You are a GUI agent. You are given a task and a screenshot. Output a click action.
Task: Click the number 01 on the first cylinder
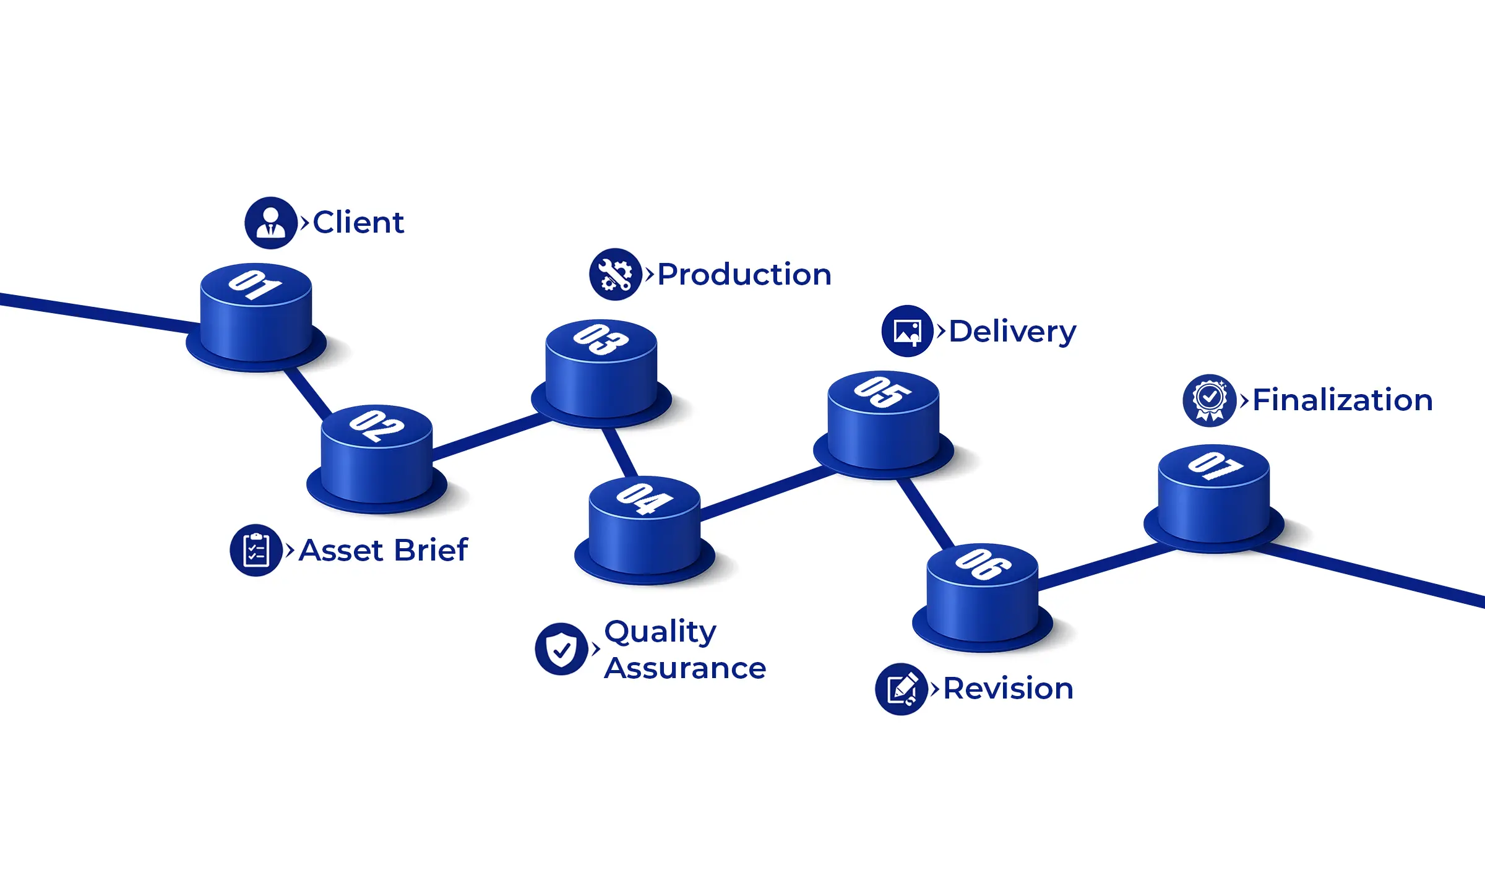point(255,285)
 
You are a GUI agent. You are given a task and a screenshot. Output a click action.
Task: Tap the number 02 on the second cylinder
point(376,426)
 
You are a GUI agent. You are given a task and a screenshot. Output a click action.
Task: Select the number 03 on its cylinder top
point(601,340)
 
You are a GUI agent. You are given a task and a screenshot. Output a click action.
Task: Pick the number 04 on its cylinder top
point(644,498)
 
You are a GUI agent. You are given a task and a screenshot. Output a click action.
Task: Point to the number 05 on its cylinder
point(883,392)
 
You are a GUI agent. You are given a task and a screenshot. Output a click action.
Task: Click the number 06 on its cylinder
point(983,564)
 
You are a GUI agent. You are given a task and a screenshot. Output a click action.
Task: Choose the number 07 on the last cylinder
point(1214,466)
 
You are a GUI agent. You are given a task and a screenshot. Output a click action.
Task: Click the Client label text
point(358,223)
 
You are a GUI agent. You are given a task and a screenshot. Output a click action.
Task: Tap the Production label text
point(744,275)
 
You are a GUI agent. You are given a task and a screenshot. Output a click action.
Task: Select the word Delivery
point(1013,332)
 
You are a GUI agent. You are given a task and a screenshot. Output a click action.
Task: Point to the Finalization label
point(1343,400)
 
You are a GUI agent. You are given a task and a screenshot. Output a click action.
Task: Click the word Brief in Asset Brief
point(431,551)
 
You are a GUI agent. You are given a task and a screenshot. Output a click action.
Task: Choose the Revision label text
point(1009,689)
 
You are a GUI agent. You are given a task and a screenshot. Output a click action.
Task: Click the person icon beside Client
point(270,223)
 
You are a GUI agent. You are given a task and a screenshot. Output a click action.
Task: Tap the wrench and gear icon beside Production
point(615,275)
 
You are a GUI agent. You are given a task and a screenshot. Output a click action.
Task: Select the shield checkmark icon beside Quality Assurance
point(561,649)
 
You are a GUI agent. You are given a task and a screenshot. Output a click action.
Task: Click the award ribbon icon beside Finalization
point(1210,400)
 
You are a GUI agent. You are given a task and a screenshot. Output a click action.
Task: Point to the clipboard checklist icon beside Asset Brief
point(256,551)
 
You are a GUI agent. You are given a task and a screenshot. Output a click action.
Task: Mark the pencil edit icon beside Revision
point(902,689)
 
